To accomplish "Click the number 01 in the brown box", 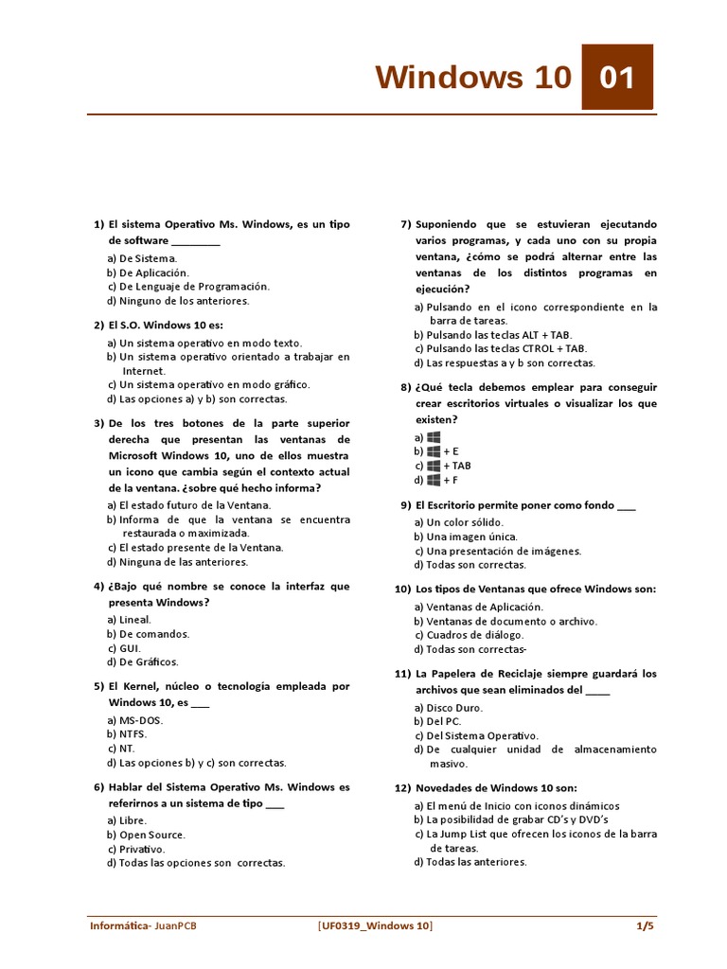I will (x=616, y=77).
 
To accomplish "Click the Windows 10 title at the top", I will (x=473, y=77).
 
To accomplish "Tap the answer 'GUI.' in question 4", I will (x=131, y=648).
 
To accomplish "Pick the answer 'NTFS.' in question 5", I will (x=133, y=733).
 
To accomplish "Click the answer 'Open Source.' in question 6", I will (x=152, y=835).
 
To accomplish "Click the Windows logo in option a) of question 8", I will (x=434, y=437).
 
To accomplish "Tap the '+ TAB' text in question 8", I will (x=457, y=466).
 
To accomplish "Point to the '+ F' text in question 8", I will (x=451, y=480).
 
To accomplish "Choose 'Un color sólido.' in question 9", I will (x=465, y=522).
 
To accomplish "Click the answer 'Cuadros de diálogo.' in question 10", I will (x=474, y=635).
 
